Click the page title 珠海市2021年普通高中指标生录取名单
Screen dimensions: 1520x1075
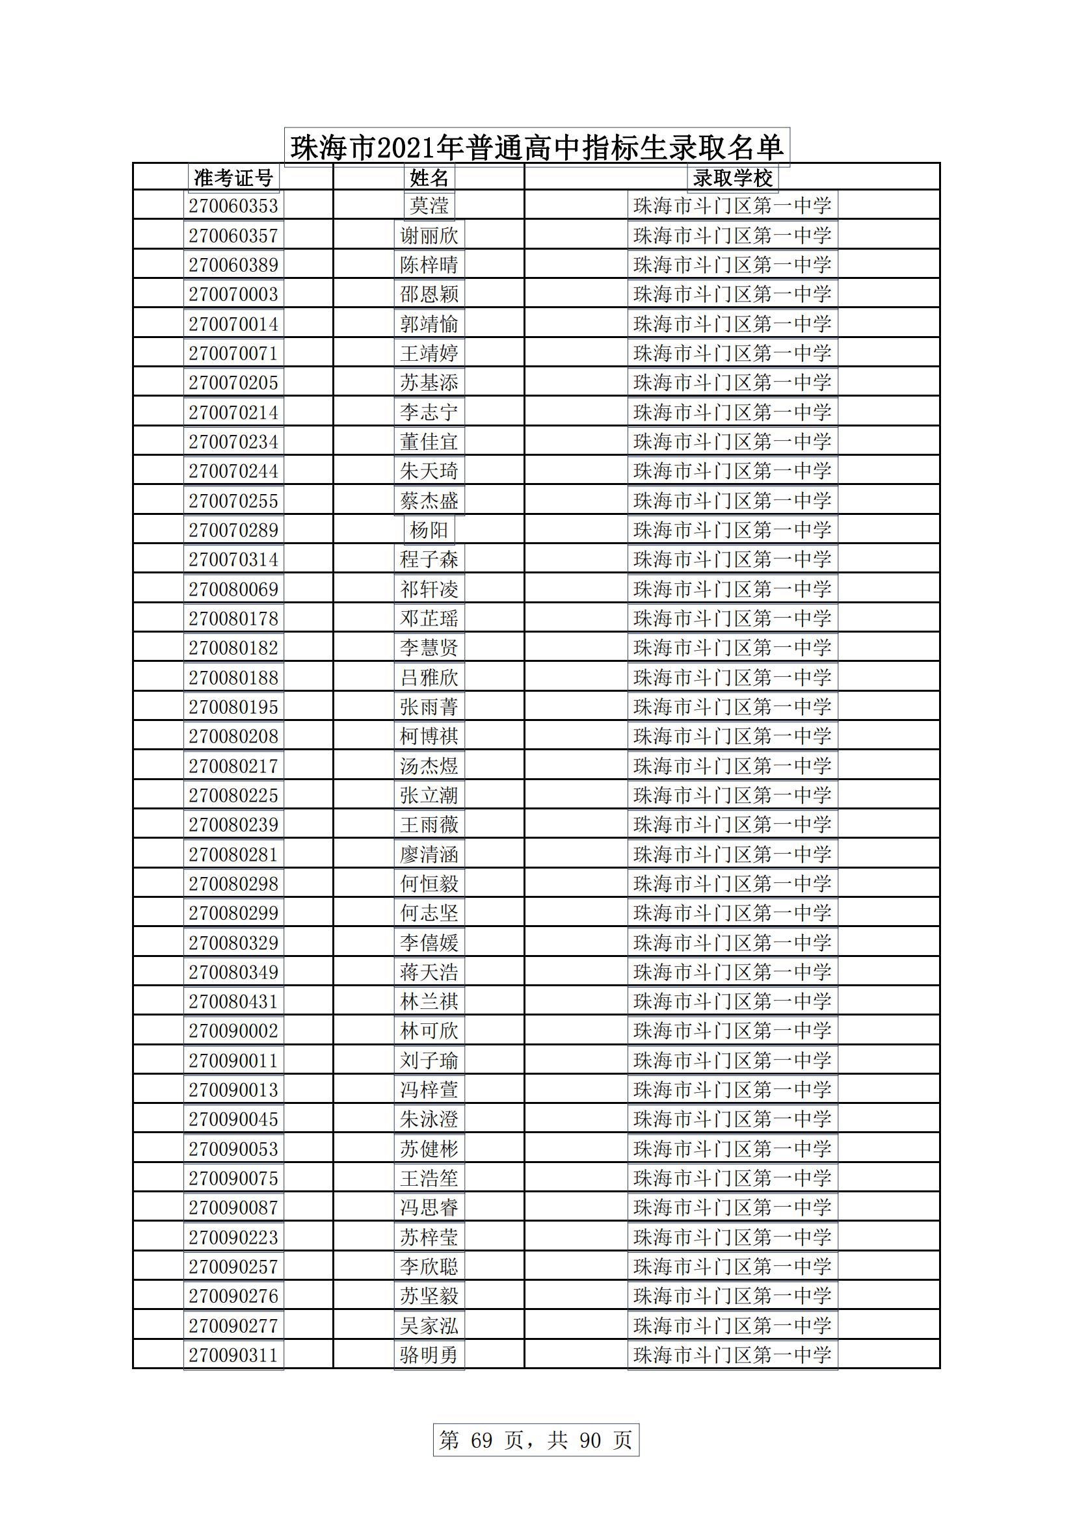coord(537,147)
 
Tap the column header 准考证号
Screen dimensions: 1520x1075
coord(233,178)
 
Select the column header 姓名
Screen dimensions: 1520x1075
coord(429,178)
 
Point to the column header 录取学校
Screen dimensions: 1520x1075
coord(732,178)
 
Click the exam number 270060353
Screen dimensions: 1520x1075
coord(233,206)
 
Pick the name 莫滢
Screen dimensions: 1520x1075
coord(429,206)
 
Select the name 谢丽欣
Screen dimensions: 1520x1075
coord(429,236)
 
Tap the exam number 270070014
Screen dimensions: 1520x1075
coord(233,324)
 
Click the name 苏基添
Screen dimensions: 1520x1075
coord(429,383)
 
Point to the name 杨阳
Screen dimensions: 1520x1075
coord(429,530)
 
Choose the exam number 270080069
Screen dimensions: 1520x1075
coord(233,588)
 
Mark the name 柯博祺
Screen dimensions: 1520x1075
coord(429,736)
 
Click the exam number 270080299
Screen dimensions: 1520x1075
coord(233,913)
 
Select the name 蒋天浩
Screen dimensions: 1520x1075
coord(429,972)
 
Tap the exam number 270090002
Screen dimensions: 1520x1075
coord(233,1030)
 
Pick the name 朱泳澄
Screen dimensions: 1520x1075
coord(429,1119)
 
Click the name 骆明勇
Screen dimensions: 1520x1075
coord(429,1355)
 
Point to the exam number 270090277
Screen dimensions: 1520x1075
coord(233,1326)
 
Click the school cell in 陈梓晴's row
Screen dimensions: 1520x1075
coord(732,265)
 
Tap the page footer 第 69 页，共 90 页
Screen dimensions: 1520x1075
coord(536,1440)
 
